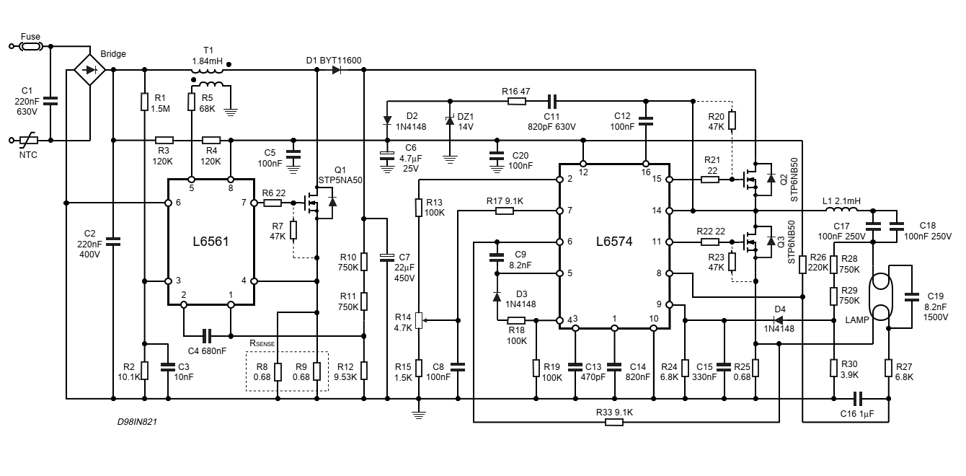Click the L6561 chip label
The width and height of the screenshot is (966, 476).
(x=211, y=242)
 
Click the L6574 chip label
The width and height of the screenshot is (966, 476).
(x=614, y=242)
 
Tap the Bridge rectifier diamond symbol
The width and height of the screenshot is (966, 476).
(x=90, y=70)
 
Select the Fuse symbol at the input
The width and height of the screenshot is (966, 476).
(x=30, y=46)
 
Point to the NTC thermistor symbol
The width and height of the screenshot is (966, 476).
(x=30, y=140)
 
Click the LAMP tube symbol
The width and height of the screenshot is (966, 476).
(x=880, y=296)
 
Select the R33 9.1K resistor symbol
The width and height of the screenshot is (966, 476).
(x=613, y=422)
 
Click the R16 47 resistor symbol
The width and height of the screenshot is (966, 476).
(x=516, y=101)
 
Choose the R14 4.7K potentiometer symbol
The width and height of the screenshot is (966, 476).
(x=419, y=319)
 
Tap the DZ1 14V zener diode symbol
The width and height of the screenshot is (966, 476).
(x=450, y=120)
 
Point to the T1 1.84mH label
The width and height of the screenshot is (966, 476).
(x=208, y=56)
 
